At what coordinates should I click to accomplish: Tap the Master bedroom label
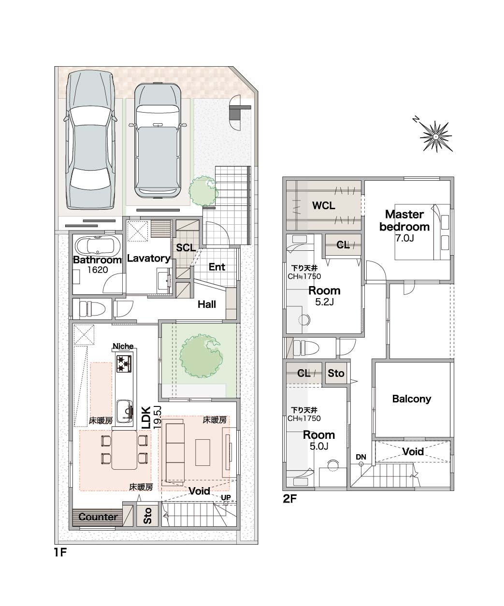pyautogui.click(x=404, y=220)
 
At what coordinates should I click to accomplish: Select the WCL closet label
pyautogui.click(x=324, y=205)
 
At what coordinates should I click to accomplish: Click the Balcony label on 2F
pyautogui.click(x=411, y=399)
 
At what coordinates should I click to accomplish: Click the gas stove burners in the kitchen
pyautogui.click(x=124, y=363)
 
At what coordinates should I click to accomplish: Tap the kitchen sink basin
pyautogui.click(x=125, y=411)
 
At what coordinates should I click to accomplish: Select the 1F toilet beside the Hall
pyautogui.click(x=90, y=308)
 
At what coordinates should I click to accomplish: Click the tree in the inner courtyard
pyautogui.click(x=201, y=356)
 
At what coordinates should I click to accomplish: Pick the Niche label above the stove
pyautogui.click(x=123, y=346)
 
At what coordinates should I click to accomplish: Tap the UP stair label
pyautogui.click(x=226, y=497)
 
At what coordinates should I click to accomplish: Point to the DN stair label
pyautogui.click(x=360, y=457)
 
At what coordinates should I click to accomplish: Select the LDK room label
pyautogui.click(x=146, y=418)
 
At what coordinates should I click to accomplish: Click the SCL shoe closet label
pyautogui.click(x=186, y=247)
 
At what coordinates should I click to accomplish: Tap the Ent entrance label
pyautogui.click(x=217, y=267)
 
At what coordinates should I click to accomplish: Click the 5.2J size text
pyautogui.click(x=324, y=302)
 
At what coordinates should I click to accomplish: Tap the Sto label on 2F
pyautogui.click(x=336, y=373)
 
